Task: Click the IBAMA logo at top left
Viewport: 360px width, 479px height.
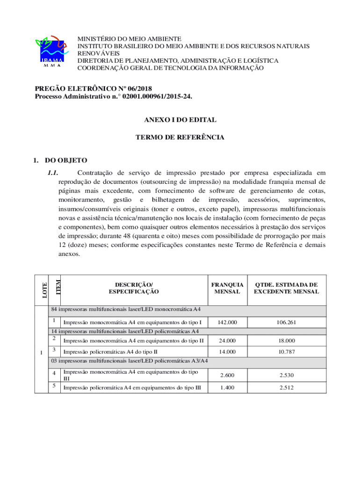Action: point(52,51)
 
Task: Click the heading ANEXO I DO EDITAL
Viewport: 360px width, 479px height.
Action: point(180,120)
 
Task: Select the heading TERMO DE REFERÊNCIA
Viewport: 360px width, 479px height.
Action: point(180,138)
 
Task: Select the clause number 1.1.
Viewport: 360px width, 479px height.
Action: point(52,173)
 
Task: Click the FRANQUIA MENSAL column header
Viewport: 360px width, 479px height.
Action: point(227,288)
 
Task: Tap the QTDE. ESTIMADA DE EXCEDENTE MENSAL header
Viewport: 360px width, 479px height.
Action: point(286,288)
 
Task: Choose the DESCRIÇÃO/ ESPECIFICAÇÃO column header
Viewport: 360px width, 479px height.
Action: point(134,288)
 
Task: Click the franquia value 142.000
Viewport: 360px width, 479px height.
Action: point(227,322)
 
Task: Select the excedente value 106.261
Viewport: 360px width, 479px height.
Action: point(287,322)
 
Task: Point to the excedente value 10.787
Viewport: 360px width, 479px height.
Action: point(287,351)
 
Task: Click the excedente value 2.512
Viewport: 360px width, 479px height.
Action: point(287,387)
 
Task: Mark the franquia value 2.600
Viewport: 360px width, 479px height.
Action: point(227,375)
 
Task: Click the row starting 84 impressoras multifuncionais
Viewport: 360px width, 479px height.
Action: point(126,310)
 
